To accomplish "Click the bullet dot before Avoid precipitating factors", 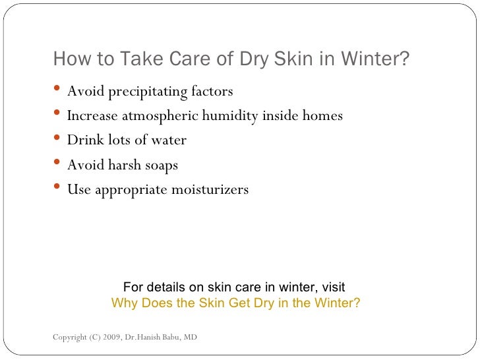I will click(x=58, y=90).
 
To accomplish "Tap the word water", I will click(x=168, y=140).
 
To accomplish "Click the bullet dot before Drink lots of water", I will click(x=58, y=140).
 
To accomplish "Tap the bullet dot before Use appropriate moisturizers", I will click(x=58, y=189).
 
